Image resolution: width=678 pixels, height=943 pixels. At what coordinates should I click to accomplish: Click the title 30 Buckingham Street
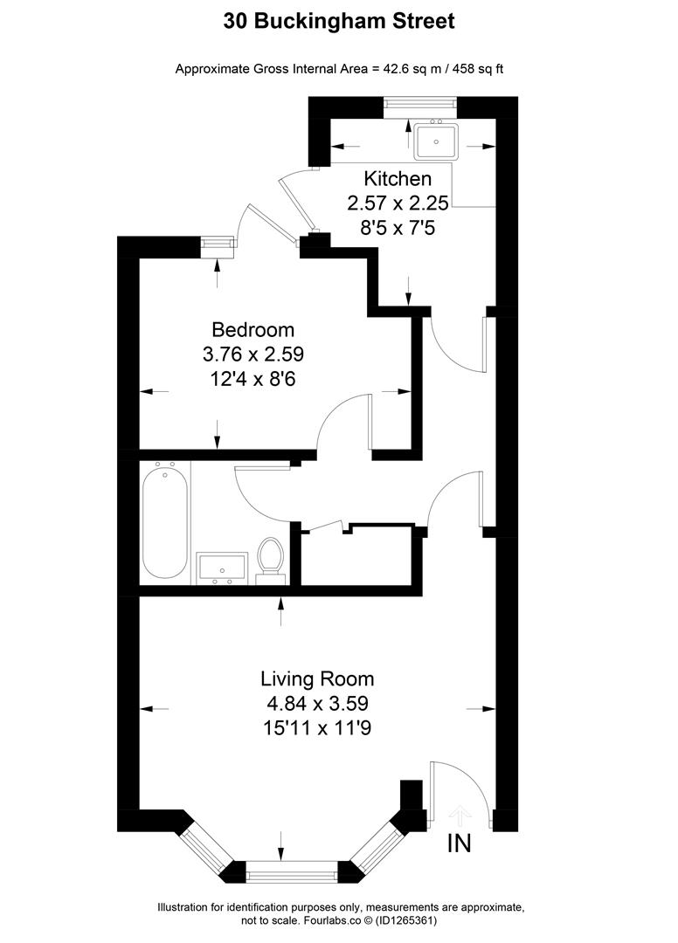339,21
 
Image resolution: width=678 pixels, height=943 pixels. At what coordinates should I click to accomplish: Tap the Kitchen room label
398,179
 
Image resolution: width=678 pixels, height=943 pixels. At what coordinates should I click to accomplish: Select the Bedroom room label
253,330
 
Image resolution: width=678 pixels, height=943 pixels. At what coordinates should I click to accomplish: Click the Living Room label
317,678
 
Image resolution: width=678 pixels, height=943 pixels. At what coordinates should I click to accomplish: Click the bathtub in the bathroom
165,524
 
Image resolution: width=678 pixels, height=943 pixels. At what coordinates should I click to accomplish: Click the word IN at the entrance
460,843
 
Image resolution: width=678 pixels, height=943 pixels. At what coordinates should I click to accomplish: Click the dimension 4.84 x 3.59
317,702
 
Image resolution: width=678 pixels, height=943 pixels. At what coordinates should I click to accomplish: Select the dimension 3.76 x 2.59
253,354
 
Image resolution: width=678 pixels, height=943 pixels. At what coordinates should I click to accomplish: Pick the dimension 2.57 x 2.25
398,203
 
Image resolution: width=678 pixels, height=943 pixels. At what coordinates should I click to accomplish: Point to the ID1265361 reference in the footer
405,920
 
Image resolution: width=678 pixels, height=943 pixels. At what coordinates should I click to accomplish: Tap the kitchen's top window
420,107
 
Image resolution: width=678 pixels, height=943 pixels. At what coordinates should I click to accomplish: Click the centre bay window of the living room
291,871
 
